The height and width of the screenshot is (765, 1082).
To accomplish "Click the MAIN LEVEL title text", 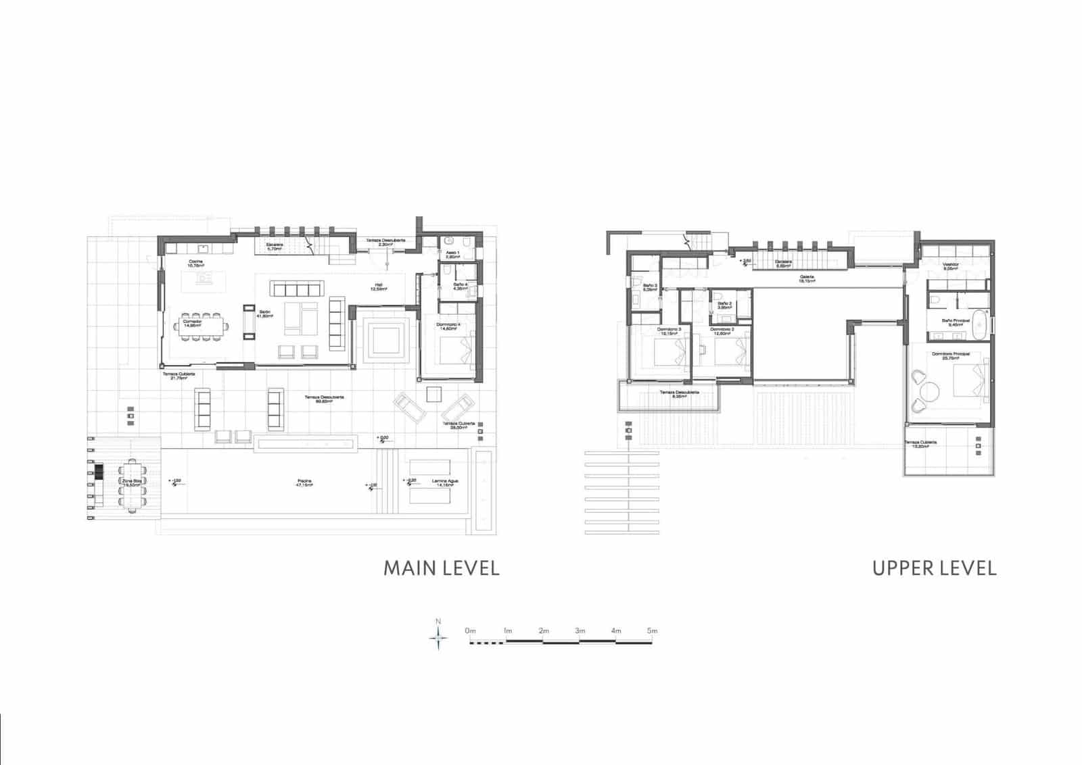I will [x=441, y=568].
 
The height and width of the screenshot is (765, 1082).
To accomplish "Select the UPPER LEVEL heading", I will [x=934, y=568].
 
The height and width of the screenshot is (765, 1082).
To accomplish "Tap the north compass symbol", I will [x=438, y=637].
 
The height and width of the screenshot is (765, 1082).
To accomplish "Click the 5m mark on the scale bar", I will [x=651, y=631].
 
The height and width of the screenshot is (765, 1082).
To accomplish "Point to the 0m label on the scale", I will [x=471, y=631].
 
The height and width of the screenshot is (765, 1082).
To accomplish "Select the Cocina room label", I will [x=196, y=263].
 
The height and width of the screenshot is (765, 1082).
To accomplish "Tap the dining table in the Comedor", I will [x=199, y=328].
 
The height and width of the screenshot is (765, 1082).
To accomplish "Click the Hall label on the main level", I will [x=378, y=287].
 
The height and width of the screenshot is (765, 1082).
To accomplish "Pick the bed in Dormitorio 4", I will [x=454, y=350].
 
